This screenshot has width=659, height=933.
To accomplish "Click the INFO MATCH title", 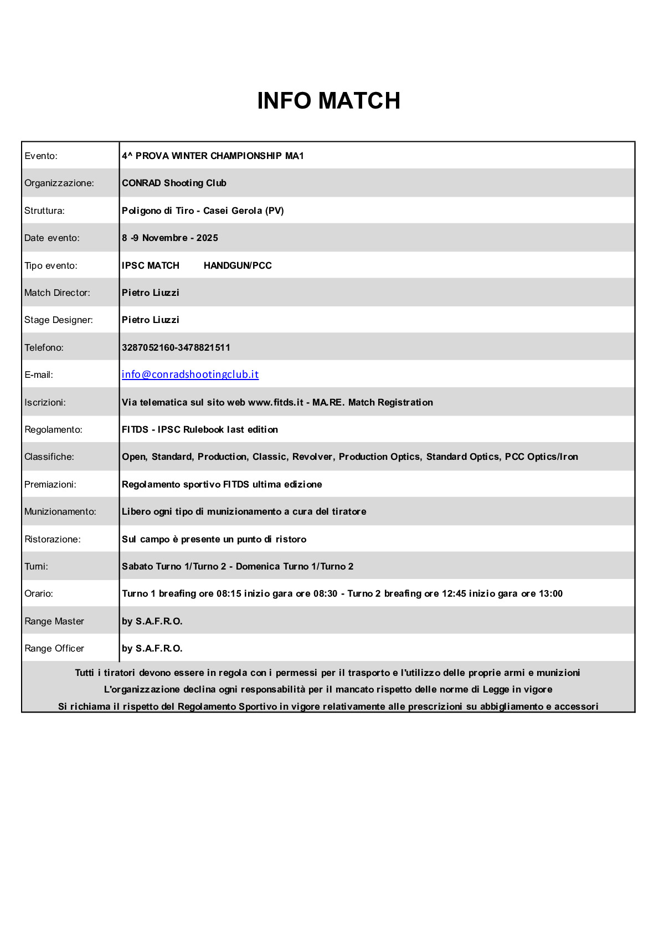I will coord(328,101).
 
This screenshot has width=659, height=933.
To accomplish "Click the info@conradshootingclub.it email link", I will coord(190,375).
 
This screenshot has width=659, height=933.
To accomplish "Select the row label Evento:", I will coord(41,156).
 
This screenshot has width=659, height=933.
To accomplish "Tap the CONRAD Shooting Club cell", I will coord(174,183).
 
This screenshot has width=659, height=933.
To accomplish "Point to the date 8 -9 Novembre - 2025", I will coord(170,238).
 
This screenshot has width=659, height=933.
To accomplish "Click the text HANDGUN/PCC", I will coord(238,265).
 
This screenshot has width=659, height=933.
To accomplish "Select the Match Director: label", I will coord(57,293).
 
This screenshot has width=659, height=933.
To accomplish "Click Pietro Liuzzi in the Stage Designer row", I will coord(151,320).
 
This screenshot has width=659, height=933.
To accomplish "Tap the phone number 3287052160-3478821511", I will coord(176,347).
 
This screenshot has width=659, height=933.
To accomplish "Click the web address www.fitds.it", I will coord(275,402).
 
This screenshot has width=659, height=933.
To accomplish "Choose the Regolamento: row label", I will coord(53,429).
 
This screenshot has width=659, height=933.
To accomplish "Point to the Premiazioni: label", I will coord(50,484).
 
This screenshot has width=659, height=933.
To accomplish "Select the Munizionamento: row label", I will coord(60,511).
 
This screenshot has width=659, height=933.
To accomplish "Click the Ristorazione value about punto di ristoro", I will coord(214,539).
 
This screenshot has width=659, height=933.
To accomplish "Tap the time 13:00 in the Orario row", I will coord(550,593).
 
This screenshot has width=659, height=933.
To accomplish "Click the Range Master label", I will coord(54,621).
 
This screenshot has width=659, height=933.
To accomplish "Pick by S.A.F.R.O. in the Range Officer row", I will coord(152,648).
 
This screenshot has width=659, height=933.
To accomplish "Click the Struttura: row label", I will coord(44,211).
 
